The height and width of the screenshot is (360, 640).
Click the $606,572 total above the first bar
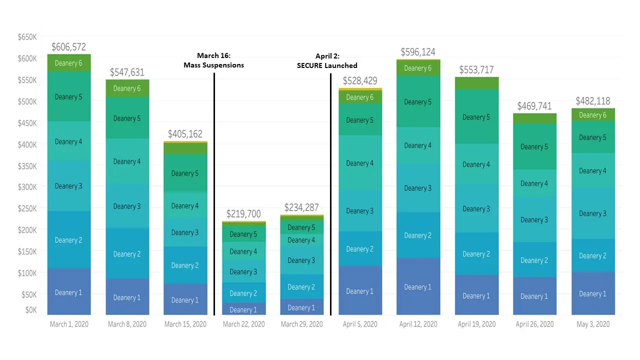pos(68,47)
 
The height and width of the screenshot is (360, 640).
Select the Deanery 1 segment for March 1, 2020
pos(68,292)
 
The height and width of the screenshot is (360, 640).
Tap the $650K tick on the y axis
pos(27,37)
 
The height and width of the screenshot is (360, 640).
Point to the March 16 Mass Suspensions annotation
pos(213,60)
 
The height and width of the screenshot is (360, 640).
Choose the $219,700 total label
pos(243,214)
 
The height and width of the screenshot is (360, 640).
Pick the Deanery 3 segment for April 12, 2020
pos(418,188)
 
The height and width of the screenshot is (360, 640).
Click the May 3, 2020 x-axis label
pos(593,324)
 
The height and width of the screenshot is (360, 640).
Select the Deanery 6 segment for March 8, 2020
pos(127,88)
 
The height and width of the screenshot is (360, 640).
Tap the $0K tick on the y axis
pos(30,310)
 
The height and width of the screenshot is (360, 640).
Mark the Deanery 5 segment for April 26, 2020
pos(534,146)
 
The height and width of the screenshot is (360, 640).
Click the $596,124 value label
pos(418,52)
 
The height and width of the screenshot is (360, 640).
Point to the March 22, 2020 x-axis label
pos(243,324)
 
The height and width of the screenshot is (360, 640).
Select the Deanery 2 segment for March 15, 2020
pos(185,265)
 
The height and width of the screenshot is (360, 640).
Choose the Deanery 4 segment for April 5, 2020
pos(360,163)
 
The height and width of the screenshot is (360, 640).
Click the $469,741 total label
pos(534,106)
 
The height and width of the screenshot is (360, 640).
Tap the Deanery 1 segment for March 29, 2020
pos(301,307)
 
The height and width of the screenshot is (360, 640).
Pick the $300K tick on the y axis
pos(27,187)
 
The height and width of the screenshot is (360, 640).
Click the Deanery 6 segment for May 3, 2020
pos(593,115)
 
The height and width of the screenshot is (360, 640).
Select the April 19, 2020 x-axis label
pos(476,324)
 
